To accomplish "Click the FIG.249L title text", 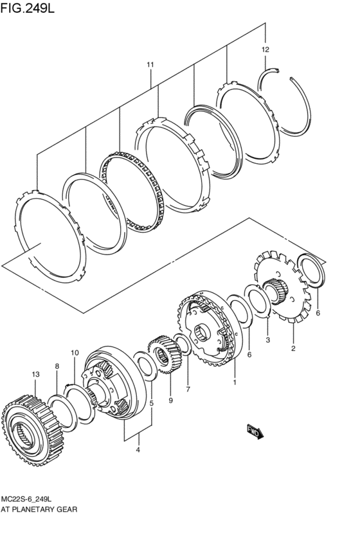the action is click(28, 7).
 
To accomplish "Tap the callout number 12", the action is click(265, 49).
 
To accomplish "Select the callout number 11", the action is click(150, 64).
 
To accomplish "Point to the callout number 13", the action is click(35, 374).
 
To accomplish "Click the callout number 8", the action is click(57, 366).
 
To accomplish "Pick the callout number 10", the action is click(75, 353).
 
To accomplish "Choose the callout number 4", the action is click(138, 450).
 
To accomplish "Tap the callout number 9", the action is click(171, 401).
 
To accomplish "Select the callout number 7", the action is click(188, 389).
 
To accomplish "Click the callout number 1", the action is click(235, 382).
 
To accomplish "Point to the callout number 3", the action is click(268, 340).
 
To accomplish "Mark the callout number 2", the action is click(293, 348).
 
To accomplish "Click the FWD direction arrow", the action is click(255, 431).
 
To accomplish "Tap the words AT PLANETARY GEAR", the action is click(39, 509).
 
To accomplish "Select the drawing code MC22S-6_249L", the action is click(28, 499).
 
